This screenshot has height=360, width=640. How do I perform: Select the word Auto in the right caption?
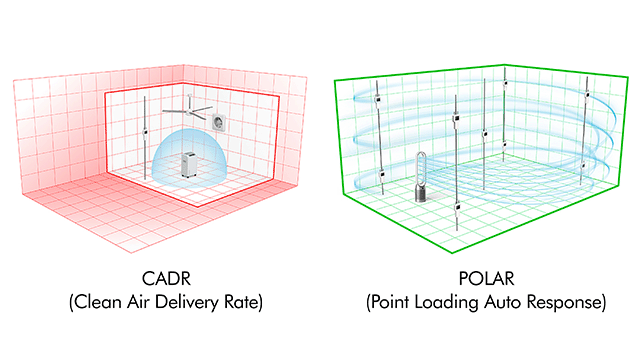click(x=519, y=301)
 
